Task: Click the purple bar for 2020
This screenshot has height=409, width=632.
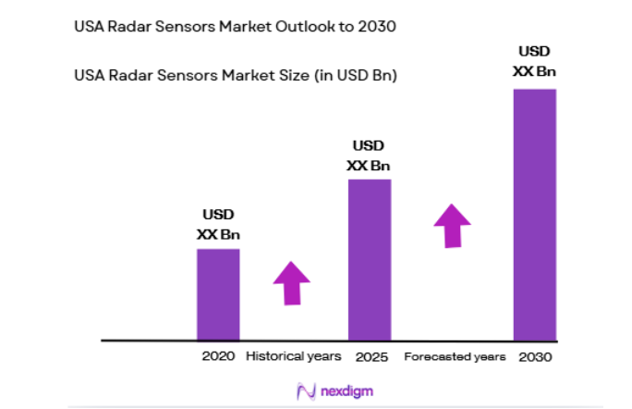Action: [x=218, y=294]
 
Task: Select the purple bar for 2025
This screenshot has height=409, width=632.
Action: [x=369, y=259]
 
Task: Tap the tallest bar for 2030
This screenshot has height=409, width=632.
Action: [x=534, y=215]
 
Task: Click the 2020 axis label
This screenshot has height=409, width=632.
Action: [x=218, y=356]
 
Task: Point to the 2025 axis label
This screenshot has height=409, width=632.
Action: [x=369, y=356]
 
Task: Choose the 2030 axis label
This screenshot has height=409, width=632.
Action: [x=534, y=356]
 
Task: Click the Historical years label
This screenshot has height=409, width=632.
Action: [x=293, y=356]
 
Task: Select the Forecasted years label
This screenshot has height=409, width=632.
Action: [x=455, y=356]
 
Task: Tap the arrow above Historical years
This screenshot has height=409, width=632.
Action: [x=292, y=283]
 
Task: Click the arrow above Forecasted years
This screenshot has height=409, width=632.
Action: [x=452, y=225]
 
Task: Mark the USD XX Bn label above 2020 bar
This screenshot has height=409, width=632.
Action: [x=218, y=226]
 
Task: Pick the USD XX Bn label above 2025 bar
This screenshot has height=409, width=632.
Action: [x=369, y=156]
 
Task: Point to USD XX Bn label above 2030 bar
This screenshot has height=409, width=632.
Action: [x=534, y=61]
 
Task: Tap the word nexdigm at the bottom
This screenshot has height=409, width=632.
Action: [x=347, y=391]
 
